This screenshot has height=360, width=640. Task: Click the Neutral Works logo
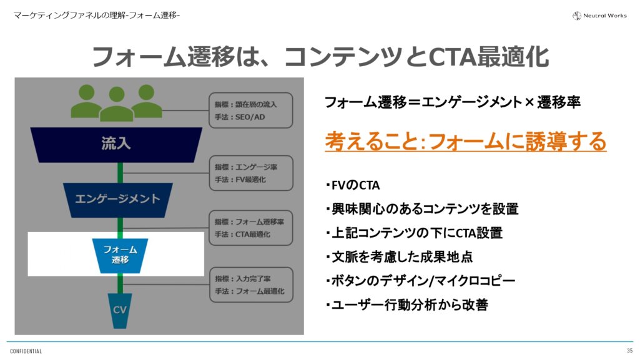(599, 15)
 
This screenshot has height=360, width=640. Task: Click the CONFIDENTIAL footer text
(26, 351)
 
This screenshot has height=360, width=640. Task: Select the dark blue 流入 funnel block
(116, 144)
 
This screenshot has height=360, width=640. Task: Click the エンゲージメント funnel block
(117, 199)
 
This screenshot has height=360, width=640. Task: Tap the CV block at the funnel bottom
(119, 310)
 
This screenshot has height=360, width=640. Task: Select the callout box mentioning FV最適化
(251, 173)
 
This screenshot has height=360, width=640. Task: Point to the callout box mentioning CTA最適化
(251, 228)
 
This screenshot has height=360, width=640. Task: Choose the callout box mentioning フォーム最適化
(251, 285)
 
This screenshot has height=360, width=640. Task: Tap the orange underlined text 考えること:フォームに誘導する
(465, 142)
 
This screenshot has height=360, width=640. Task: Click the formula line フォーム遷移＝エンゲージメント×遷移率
(453, 102)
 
